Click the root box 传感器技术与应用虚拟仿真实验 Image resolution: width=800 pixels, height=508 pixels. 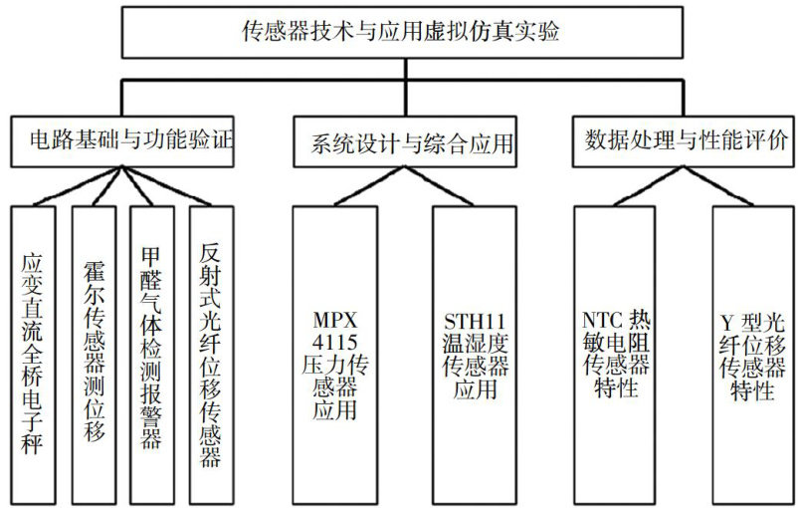pyautogui.click(x=400, y=32)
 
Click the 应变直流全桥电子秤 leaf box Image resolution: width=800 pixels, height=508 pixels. pyautogui.click(x=33, y=354)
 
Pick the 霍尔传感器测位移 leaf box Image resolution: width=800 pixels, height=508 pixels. pyautogui.click(x=95, y=354)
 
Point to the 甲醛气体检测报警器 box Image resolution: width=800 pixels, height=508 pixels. pyautogui.click(x=151, y=354)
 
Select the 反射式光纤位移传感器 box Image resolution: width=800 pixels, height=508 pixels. pyautogui.click(x=210, y=354)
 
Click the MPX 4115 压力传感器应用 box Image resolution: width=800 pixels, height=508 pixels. pyautogui.click(x=334, y=354)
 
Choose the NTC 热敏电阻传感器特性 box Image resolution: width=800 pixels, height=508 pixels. pyautogui.click(x=614, y=354)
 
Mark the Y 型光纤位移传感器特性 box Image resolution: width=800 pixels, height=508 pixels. pyautogui.click(x=753, y=354)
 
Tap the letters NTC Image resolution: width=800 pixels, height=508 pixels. pyautogui.click(x=596, y=320)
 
